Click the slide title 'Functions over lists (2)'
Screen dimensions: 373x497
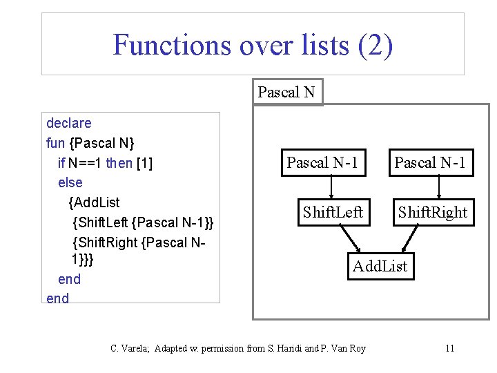click(253, 45)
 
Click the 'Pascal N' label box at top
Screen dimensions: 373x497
click(286, 92)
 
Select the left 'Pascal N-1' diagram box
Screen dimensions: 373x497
click(322, 163)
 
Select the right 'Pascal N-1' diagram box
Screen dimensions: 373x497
click(431, 163)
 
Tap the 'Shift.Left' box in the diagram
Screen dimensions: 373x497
click(332, 212)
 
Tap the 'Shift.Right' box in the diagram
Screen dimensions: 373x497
click(433, 212)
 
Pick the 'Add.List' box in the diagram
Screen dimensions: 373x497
click(380, 266)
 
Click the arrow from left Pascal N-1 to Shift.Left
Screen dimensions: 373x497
click(332, 186)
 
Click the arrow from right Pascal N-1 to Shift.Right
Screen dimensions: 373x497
click(440, 186)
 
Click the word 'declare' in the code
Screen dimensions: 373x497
click(68, 124)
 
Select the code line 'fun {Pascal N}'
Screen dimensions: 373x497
click(90, 144)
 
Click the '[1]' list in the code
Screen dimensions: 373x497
click(145, 163)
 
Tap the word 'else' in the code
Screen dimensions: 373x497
click(70, 183)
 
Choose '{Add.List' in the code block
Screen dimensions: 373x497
click(94, 202)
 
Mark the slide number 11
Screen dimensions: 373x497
click(449, 348)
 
